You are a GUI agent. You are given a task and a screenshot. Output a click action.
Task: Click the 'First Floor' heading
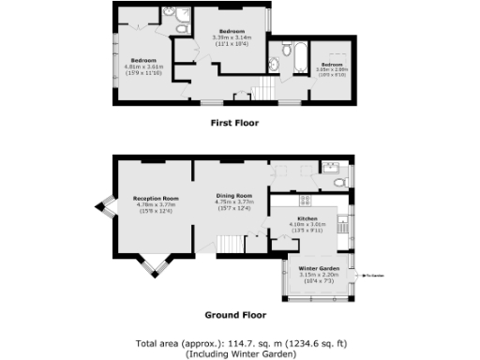click(x=235, y=122)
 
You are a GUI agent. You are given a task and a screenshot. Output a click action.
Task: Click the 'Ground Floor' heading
click(x=235, y=315)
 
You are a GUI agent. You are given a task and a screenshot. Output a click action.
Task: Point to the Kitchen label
click(x=308, y=217)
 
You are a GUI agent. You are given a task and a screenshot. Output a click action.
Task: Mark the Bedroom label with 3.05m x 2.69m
click(x=333, y=65)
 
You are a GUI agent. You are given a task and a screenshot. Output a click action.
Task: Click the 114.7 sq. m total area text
click(x=239, y=344)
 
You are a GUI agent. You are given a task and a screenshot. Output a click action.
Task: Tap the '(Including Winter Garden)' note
click(x=239, y=354)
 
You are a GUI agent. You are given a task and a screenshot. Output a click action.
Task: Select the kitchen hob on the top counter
click(x=306, y=199)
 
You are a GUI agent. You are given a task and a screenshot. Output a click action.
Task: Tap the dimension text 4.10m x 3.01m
click(x=308, y=224)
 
